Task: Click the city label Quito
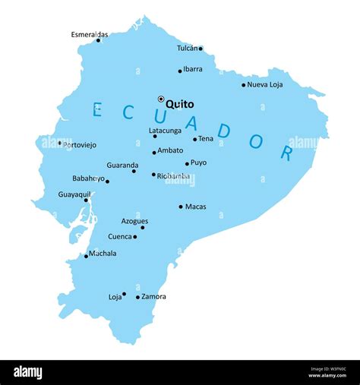coord(180,104)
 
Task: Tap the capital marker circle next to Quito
coord(161,99)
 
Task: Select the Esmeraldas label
coord(90,34)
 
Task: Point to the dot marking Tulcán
coord(201,49)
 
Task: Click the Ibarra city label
coord(193,69)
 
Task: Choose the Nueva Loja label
coord(265,84)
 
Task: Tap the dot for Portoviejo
coord(60,143)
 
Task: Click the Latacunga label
coord(165,131)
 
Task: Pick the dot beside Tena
coord(194,139)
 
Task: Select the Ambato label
coord(170,150)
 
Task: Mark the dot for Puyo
coord(187,163)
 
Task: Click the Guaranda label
coord(122,165)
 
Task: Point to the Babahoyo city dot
coord(107,181)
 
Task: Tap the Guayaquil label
coord(74,194)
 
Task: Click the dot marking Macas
coord(181,207)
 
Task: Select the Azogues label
coord(134,221)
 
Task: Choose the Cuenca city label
coord(120,236)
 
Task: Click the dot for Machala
coord(86,256)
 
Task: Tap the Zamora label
coord(153,297)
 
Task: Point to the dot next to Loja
coord(124,294)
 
